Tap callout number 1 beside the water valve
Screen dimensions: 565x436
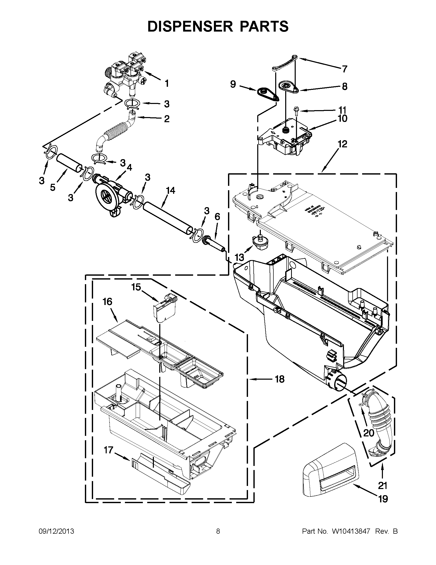point(167,83)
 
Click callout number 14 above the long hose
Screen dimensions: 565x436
point(171,191)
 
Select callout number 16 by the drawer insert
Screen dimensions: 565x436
point(107,302)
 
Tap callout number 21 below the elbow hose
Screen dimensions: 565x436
point(382,486)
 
